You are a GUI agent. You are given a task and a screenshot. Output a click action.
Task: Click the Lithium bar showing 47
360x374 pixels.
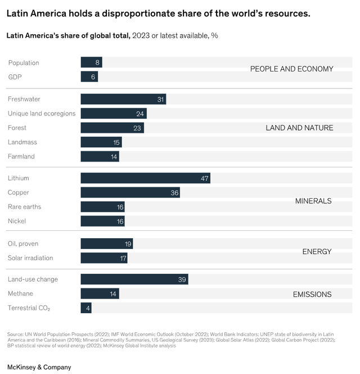pyautogui.click(x=145, y=178)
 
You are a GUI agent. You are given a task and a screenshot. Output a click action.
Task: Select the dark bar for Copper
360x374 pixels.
pyautogui.click(x=130, y=193)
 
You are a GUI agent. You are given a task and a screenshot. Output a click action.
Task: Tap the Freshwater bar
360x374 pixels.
pyautogui.click(x=123, y=99)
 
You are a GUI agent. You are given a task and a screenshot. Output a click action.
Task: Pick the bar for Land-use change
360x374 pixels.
pyautogui.click(x=134, y=279)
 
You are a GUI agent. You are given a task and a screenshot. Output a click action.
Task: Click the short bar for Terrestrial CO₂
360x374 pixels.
pyautogui.click(x=86, y=308)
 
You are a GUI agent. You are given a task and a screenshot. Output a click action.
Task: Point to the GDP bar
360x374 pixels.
pyautogui.click(x=89, y=77)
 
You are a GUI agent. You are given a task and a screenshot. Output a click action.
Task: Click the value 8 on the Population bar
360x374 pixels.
pyautogui.click(x=97, y=63)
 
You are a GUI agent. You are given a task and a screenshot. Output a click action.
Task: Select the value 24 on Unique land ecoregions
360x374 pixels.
pyautogui.click(x=141, y=114)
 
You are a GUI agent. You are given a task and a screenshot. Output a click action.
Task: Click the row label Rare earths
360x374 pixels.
pyautogui.click(x=24, y=207)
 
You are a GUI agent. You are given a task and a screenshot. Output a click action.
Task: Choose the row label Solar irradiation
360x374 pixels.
pyautogui.click(x=30, y=258)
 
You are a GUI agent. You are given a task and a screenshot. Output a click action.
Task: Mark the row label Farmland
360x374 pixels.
pyautogui.click(x=21, y=157)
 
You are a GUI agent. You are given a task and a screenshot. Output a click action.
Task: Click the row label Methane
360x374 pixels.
pyautogui.click(x=20, y=293)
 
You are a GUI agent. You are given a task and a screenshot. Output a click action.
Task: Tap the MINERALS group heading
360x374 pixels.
pyautogui.click(x=313, y=201)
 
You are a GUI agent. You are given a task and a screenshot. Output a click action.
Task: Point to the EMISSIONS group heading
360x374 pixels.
pyautogui.click(x=312, y=294)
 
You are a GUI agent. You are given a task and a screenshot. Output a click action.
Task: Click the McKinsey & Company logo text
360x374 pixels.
pyautogui.click(x=39, y=367)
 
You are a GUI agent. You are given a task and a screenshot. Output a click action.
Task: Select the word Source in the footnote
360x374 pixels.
pyautogui.click(x=15, y=335)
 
